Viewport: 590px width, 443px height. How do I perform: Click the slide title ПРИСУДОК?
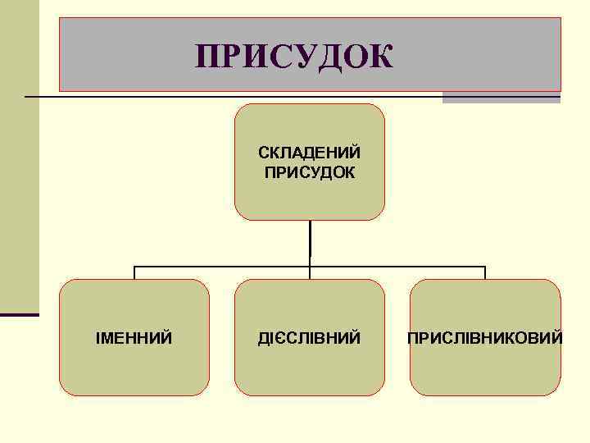(x=295, y=57)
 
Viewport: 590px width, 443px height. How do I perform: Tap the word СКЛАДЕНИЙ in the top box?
(x=310, y=153)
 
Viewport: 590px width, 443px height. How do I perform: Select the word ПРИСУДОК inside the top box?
(x=310, y=172)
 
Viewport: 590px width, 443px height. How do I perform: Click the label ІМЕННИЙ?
(x=134, y=338)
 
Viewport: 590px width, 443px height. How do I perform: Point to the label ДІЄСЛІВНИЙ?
(x=310, y=338)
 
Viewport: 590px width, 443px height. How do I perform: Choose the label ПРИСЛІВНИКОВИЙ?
(x=485, y=338)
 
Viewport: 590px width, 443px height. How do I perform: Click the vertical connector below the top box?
(x=310, y=242)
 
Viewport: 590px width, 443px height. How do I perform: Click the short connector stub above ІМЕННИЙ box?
(x=134, y=272)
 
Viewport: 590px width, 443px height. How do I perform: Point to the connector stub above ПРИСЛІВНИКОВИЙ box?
(x=485, y=272)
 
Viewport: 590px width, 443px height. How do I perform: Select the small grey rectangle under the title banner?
(x=501, y=98)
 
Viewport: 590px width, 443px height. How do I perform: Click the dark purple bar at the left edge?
(x=19, y=314)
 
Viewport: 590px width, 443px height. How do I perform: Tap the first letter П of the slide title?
(x=207, y=57)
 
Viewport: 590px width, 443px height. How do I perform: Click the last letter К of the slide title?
(x=382, y=57)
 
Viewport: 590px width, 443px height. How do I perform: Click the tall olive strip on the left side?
(x=19, y=156)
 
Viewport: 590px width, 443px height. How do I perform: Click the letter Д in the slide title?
(x=315, y=57)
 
